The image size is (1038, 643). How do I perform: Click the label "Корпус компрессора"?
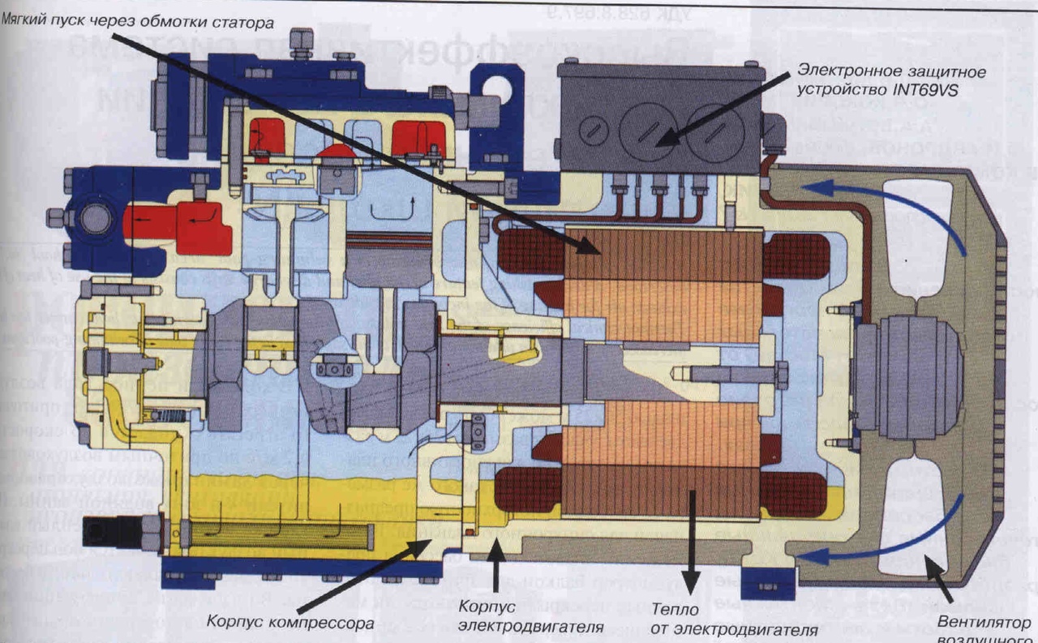[290, 624]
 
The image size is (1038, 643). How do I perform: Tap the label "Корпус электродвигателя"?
[531, 616]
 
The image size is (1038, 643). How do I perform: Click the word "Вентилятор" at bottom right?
[984, 623]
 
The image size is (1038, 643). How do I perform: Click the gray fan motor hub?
[908, 376]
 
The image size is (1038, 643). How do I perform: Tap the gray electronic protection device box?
[661, 118]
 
